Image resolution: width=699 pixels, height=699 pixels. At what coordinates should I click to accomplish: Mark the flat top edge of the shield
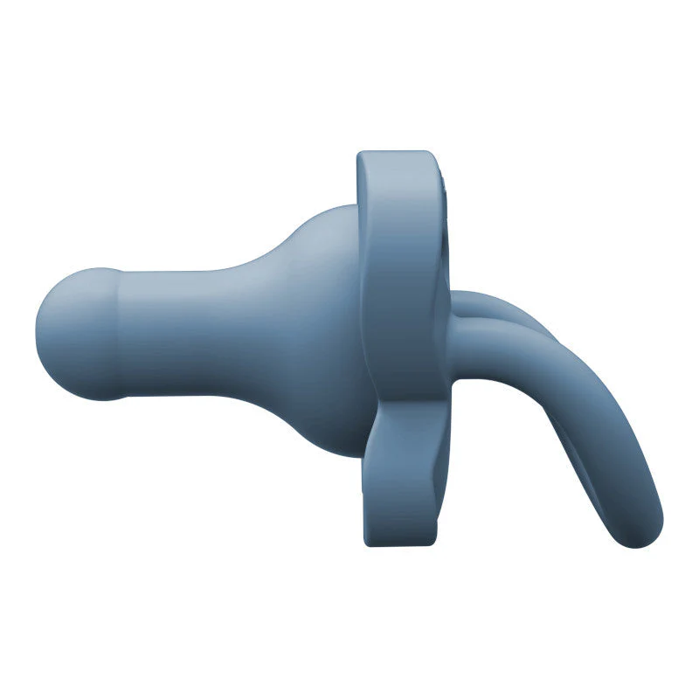tap(393, 155)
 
